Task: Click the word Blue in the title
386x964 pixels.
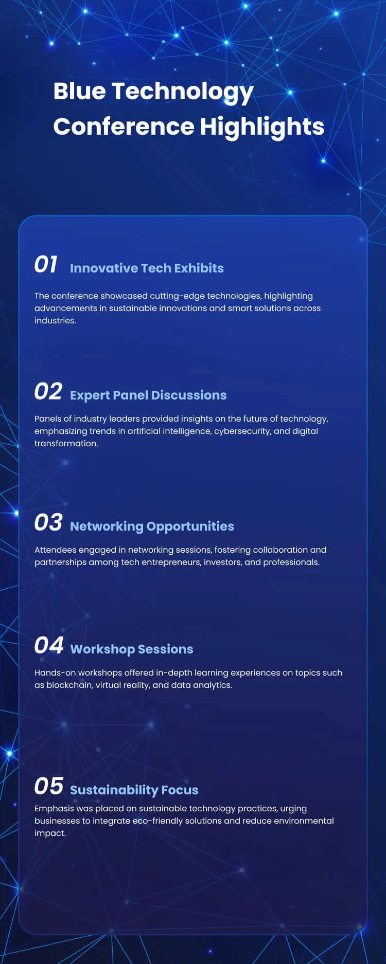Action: (x=79, y=92)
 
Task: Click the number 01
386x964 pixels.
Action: (x=46, y=265)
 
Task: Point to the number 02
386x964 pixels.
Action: (x=48, y=392)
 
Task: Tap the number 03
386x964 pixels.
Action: (x=48, y=523)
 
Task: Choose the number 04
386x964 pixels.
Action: (x=48, y=646)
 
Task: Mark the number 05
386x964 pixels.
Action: (x=48, y=787)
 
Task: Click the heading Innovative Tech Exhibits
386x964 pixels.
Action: (x=147, y=268)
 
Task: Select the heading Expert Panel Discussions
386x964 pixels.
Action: (x=148, y=395)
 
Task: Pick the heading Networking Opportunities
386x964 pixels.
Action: (x=152, y=526)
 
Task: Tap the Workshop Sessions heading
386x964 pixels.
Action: (x=132, y=649)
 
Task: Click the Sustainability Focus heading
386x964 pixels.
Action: (x=134, y=790)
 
